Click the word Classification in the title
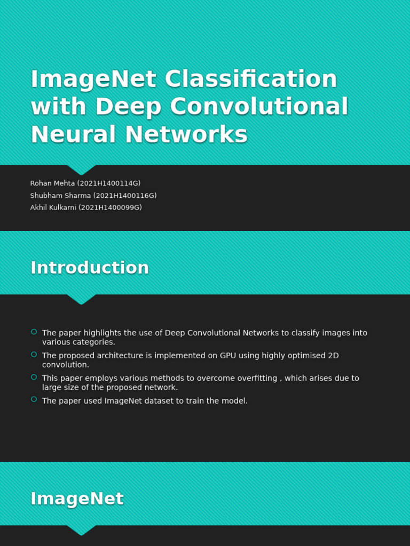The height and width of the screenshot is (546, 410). pos(251,79)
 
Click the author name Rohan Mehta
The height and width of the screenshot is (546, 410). pos(52,183)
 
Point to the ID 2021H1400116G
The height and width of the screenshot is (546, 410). pos(125,196)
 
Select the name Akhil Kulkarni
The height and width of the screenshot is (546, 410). pos(53,208)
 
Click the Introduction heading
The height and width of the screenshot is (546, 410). pos(90,268)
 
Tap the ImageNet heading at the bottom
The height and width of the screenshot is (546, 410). pos(77,499)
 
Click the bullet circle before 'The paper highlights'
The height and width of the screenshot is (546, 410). pos(34,332)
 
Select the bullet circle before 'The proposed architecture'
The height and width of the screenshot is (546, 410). pos(34,355)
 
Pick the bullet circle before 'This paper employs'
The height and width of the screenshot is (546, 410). pos(34,377)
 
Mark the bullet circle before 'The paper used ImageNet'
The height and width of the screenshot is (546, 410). pos(34,399)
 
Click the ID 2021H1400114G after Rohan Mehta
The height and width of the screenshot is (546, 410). pos(109,183)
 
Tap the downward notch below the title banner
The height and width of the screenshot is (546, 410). pos(81,170)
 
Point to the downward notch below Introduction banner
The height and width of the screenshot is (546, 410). pos(81,300)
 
